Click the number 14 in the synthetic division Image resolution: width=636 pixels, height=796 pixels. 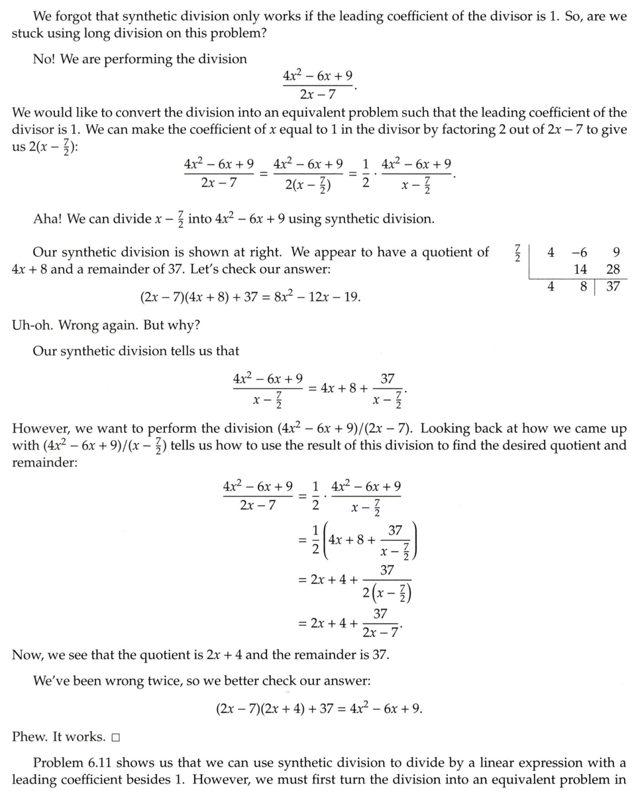pos(580,269)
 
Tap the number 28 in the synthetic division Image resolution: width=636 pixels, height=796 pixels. pos(613,269)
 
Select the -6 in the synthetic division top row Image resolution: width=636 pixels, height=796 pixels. pos(578,252)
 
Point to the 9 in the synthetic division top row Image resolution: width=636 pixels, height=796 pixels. pos(616,252)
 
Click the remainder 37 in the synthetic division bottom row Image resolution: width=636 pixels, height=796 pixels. pos(613,287)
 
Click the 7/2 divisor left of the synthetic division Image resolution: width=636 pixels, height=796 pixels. pos(517,253)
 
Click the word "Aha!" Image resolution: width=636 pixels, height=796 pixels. pos(48,219)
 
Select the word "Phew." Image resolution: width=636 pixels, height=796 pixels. pos(30,737)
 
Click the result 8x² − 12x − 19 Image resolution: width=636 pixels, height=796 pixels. pos(315,297)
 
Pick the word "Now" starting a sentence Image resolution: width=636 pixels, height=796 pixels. pos(26,655)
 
